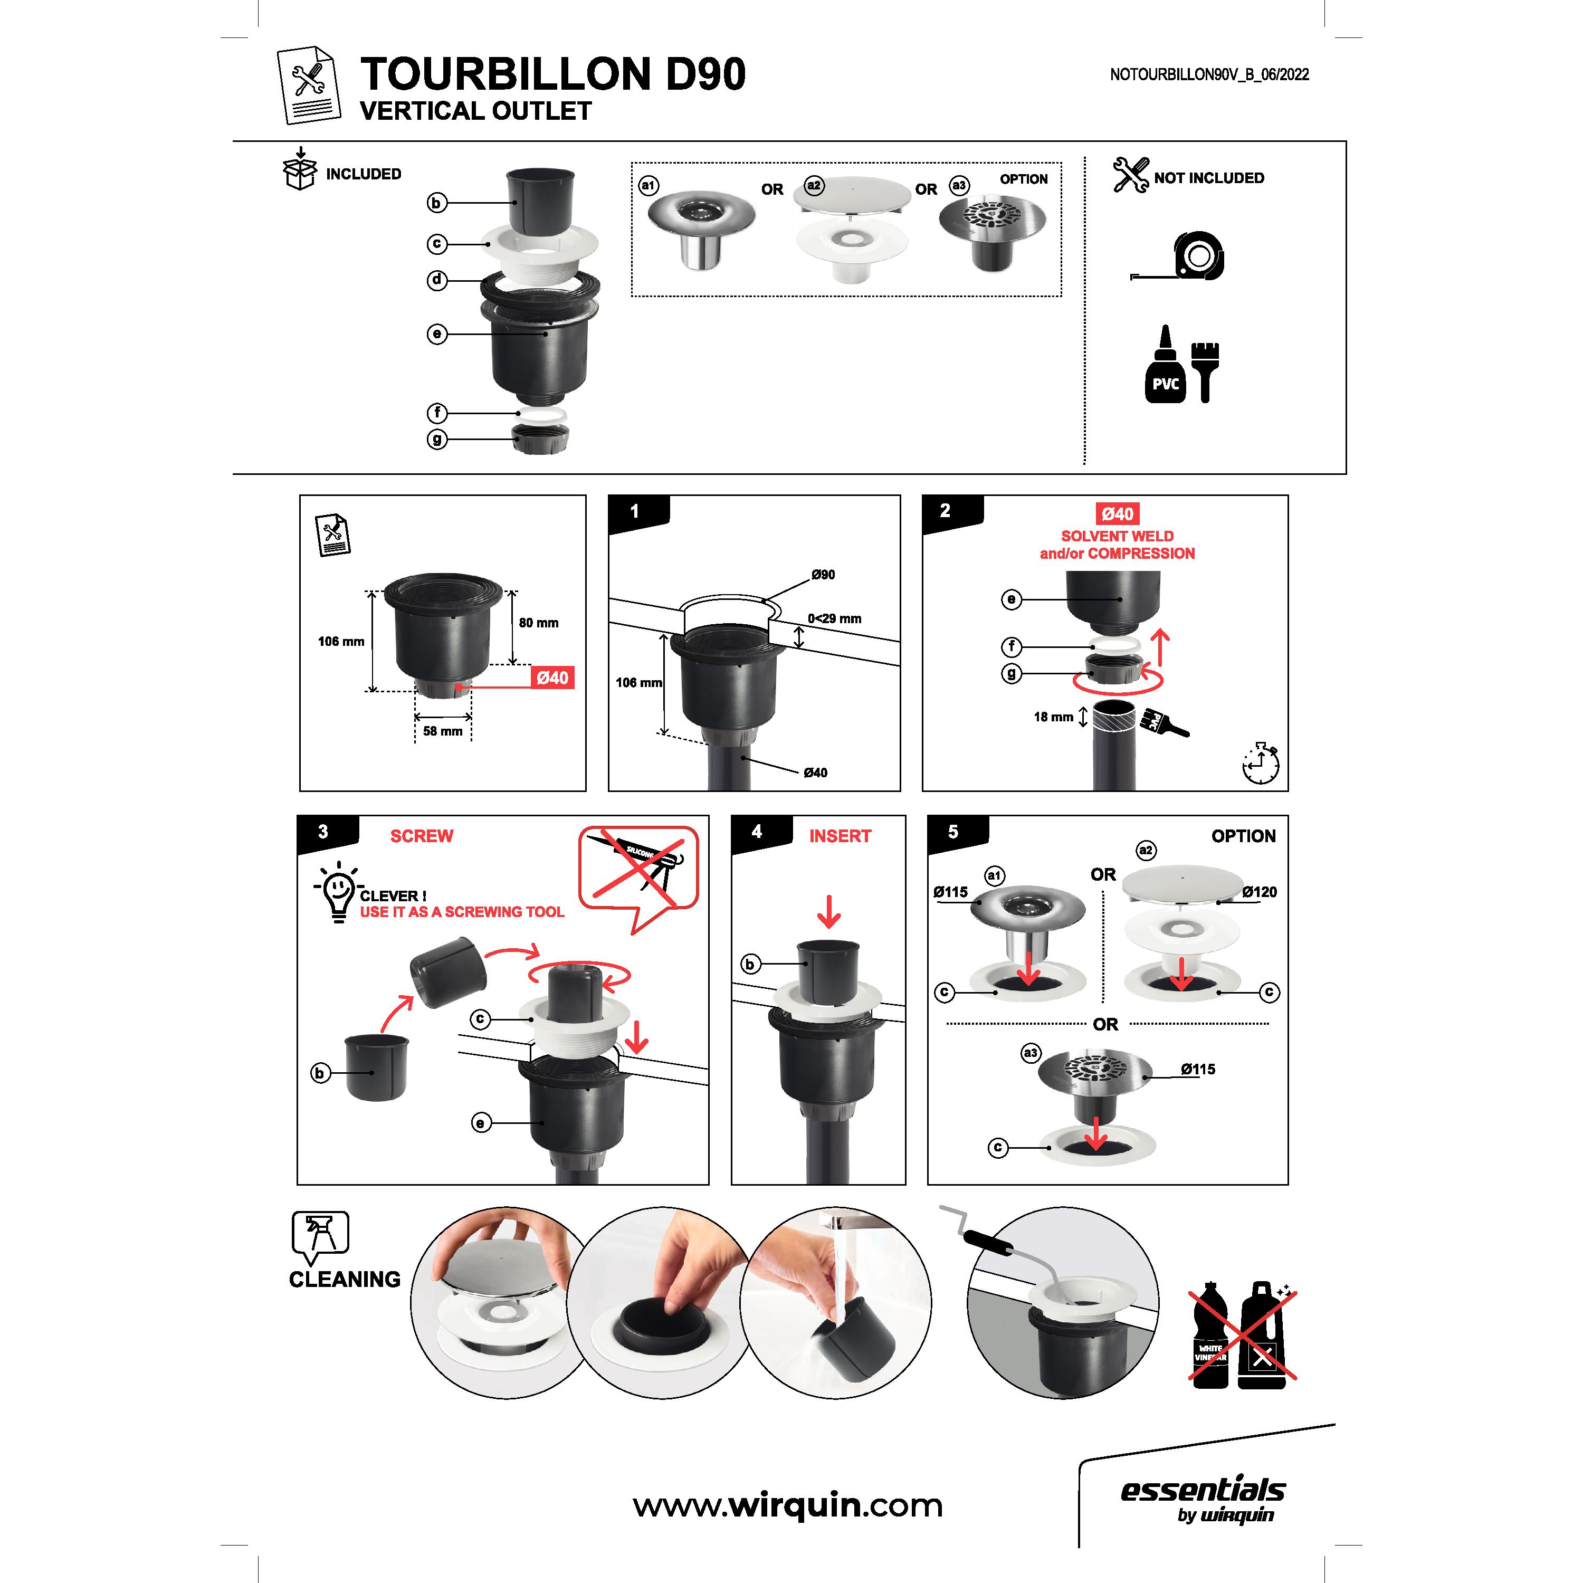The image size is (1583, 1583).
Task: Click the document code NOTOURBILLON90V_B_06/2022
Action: [x=1209, y=74]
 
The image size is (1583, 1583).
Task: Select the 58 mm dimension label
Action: [x=443, y=731]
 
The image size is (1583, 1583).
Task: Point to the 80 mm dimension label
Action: [x=538, y=623]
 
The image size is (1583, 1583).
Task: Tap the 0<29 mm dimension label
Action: [x=834, y=618]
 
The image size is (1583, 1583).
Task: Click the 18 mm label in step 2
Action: [x=1053, y=717]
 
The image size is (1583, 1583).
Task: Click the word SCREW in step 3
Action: [x=422, y=836]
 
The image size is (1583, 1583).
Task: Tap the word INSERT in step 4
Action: [x=840, y=836]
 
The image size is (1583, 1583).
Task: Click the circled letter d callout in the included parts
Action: [x=437, y=280]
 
